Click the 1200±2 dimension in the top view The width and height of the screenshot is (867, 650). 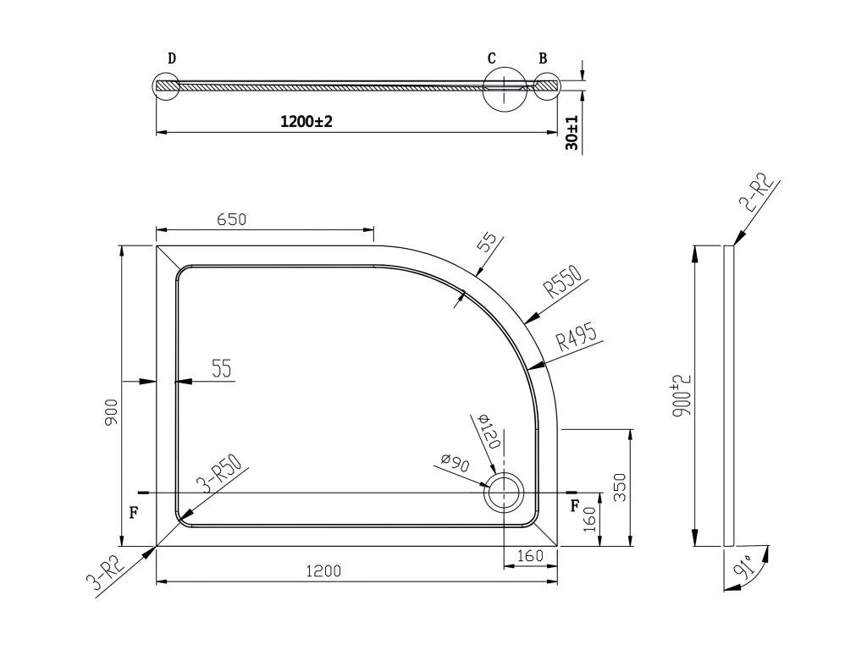click(x=306, y=121)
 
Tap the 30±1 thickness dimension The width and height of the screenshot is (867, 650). click(x=572, y=133)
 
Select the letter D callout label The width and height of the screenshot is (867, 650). click(x=172, y=58)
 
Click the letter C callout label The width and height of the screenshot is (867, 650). click(x=492, y=58)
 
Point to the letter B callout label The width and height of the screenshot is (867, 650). click(x=543, y=58)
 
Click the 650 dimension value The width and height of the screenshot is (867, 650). click(x=231, y=219)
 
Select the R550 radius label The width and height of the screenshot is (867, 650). click(x=563, y=281)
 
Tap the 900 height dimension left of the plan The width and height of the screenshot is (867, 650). click(x=112, y=412)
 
